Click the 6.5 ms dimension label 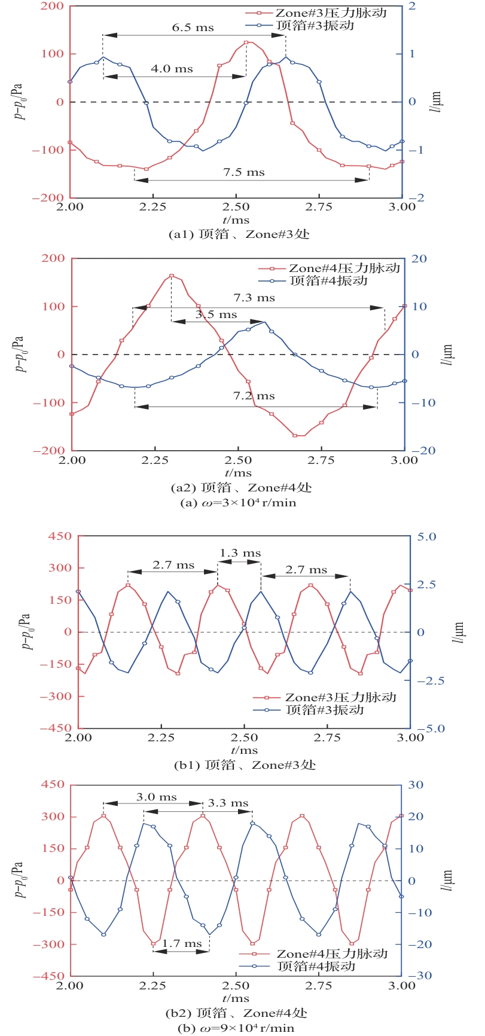(x=193, y=27)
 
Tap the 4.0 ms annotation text (x=172, y=69)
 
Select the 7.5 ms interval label (x=244, y=172)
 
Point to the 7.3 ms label (x=254, y=297)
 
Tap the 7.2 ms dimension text (x=254, y=396)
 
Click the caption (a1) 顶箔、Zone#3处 (x=239, y=234)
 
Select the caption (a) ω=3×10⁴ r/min (x=238, y=503)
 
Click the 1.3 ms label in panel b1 (x=240, y=553)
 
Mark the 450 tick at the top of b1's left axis (x=60, y=536)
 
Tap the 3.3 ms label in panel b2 (x=228, y=803)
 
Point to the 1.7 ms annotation (x=182, y=943)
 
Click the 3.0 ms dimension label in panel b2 (x=156, y=797)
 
